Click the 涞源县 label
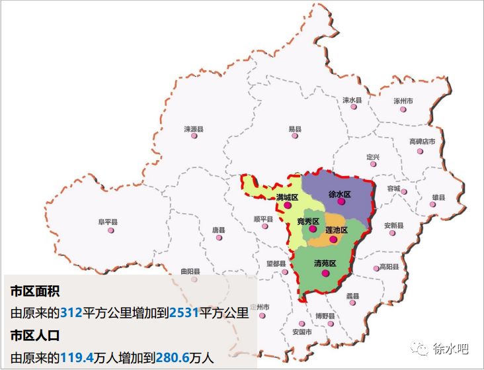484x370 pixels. click(x=194, y=128)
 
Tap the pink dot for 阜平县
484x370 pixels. click(x=111, y=230)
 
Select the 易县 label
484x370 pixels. click(x=295, y=128)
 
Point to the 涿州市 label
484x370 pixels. click(x=403, y=101)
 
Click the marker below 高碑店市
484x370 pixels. click(x=420, y=152)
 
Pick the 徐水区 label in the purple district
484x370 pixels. click(x=339, y=195)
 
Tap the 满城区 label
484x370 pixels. click(x=288, y=197)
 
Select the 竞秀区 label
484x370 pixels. click(x=307, y=220)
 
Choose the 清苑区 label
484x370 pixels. click(x=325, y=263)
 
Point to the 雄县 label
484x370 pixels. click(x=438, y=197)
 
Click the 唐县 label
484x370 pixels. click(x=218, y=230)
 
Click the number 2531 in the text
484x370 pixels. click(x=184, y=312)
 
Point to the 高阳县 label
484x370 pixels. click(x=389, y=267)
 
